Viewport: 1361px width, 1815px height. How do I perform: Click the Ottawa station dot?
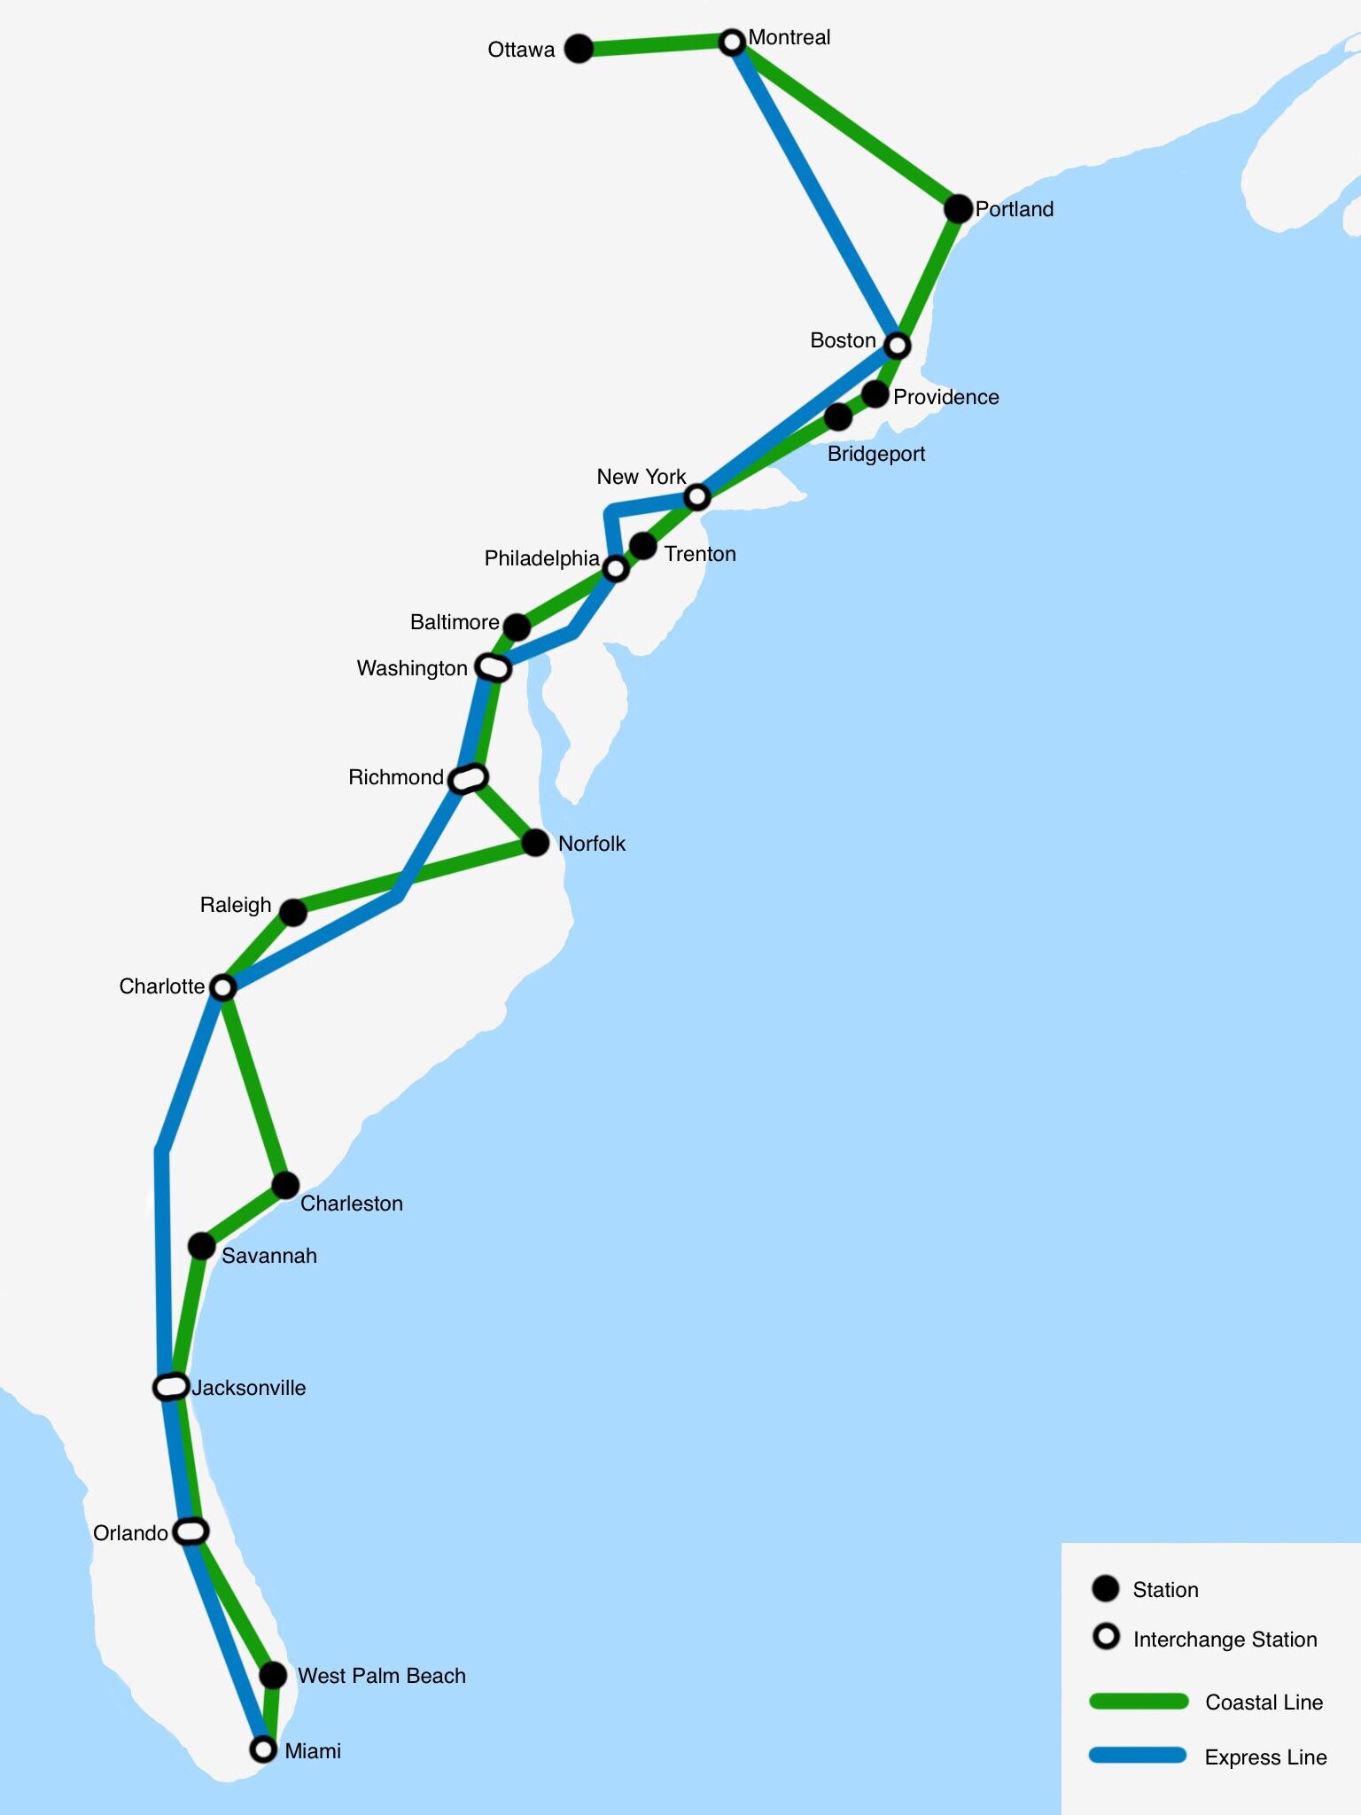[579, 49]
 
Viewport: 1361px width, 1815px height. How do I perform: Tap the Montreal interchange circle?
[732, 41]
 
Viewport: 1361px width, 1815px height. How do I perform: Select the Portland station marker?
[958, 209]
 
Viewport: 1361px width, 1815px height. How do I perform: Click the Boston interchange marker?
[898, 344]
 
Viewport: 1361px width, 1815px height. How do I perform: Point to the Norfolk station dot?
[535, 843]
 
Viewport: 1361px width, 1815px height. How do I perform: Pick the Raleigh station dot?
[293, 911]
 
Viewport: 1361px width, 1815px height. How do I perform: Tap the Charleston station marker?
[285, 1185]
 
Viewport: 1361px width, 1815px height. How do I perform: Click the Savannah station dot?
[202, 1246]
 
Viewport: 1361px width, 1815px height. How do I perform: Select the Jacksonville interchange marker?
[171, 1386]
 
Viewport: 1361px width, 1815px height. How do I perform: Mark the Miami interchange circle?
[262, 1749]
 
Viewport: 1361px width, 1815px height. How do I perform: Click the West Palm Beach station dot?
[274, 1675]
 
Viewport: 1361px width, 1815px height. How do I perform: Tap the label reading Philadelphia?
[541, 558]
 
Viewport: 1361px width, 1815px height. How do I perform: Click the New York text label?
[641, 477]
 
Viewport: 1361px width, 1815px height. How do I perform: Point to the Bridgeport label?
[875, 454]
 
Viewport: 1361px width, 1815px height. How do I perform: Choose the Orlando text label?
[130, 1533]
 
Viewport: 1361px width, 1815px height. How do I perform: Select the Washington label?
[412, 668]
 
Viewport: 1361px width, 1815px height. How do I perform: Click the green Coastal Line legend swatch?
[1139, 1701]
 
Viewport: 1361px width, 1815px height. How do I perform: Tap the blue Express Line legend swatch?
[1139, 1756]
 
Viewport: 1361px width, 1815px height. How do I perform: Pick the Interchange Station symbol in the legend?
[1106, 1637]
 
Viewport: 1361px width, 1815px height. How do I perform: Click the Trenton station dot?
[643, 547]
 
